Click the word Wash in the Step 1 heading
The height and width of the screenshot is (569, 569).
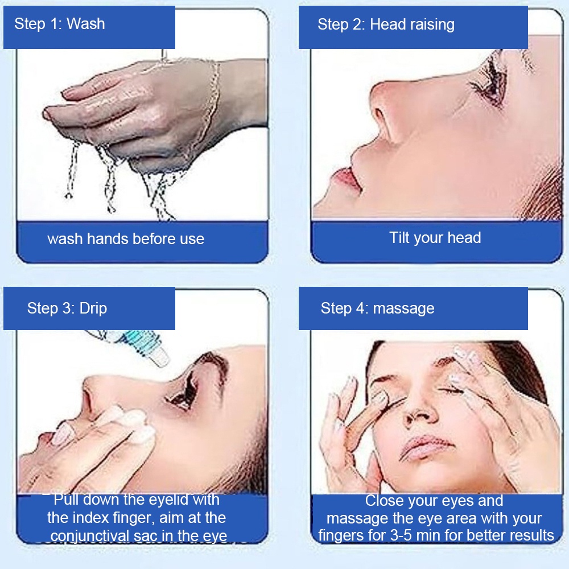pos(86,24)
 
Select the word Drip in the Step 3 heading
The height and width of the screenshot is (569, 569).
pos(93,309)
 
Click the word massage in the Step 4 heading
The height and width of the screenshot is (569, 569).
pos(403,309)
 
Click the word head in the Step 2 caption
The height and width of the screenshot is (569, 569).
pos(464,238)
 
